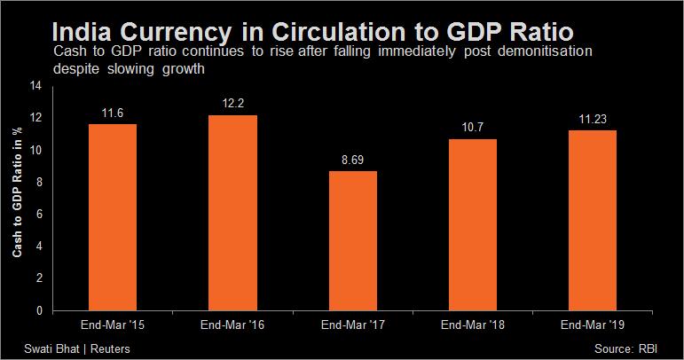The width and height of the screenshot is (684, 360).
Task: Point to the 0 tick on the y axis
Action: click(38, 310)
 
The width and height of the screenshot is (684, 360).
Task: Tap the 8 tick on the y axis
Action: click(38, 182)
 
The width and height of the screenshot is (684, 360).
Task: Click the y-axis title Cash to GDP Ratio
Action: click(17, 193)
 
